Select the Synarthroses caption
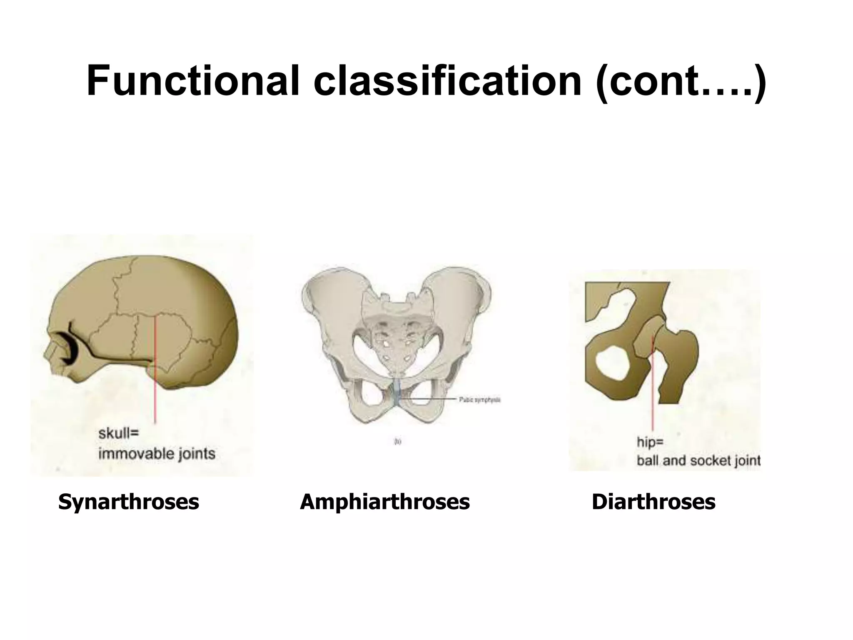point(128,502)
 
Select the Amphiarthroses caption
point(384,502)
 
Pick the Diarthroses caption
point(653,502)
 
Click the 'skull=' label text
point(118,433)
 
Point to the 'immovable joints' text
point(157,453)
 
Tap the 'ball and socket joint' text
point(698,460)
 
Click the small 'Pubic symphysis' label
point(479,400)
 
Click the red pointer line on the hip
point(653,400)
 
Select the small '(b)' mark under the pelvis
point(397,442)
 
